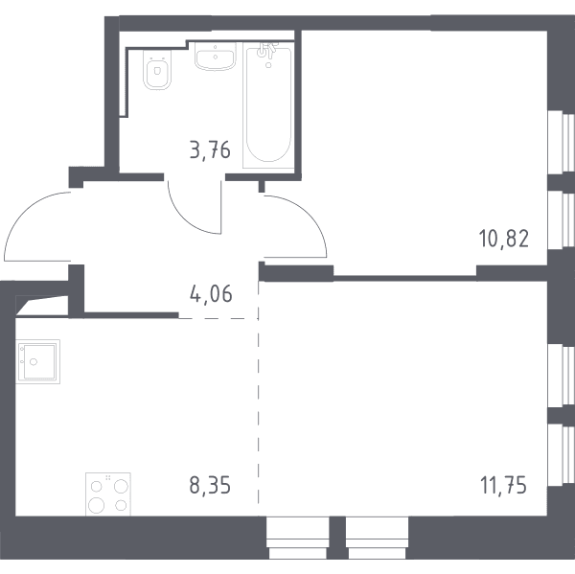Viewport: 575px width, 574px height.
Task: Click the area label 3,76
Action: click(210, 150)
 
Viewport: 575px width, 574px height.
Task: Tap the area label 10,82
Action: click(503, 239)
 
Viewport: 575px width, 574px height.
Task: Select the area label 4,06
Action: click(211, 294)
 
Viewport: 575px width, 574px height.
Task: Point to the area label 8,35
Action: click(210, 485)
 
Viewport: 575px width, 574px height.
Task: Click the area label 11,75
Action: click(503, 485)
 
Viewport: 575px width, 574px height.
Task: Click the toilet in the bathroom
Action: click(157, 70)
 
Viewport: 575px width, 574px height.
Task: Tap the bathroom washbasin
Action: click(215, 57)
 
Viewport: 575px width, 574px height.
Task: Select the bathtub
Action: click(268, 105)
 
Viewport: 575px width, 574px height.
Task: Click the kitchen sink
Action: click(37, 361)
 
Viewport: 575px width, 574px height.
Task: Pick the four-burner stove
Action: click(108, 494)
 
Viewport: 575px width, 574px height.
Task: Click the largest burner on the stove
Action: click(97, 505)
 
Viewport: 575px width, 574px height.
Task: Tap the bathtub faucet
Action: click(267, 51)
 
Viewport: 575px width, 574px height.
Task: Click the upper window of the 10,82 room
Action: click(561, 143)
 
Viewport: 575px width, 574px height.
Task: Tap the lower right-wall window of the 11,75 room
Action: click(561, 455)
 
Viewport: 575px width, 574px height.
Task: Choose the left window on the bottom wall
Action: click(298, 538)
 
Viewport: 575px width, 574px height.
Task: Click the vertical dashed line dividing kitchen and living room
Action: click(258, 393)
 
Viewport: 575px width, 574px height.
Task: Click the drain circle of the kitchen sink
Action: click(34, 362)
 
